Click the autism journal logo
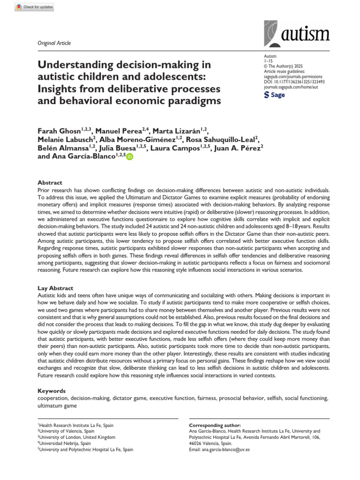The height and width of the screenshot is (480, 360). tap(297, 33)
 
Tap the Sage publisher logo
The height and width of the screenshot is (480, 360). tap(275, 95)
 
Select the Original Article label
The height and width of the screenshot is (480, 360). tap(54, 43)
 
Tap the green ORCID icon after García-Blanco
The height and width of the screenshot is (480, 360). tap(130, 157)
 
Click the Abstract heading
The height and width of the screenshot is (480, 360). tap(50, 183)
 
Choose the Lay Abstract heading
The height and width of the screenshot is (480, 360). tap(55, 288)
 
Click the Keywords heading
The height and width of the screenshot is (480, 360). tap(52, 390)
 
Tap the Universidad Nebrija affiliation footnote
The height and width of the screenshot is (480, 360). tap(64, 443)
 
